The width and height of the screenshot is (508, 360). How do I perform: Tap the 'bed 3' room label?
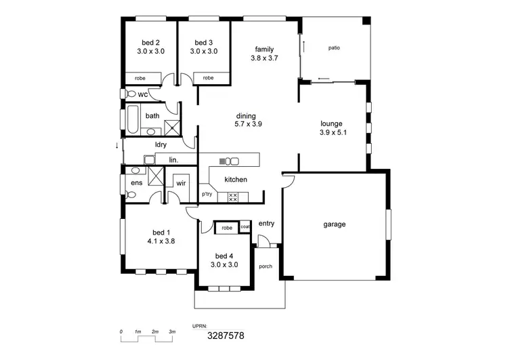(x=203, y=41)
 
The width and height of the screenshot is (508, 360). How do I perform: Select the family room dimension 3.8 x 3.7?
(x=264, y=58)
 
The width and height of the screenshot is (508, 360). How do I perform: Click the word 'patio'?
(x=334, y=48)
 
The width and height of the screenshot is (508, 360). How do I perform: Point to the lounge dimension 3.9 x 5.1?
(x=333, y=133)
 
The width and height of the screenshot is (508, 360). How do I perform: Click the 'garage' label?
(x=335, y=224)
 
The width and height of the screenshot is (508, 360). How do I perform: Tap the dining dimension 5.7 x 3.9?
(x=248, y=124)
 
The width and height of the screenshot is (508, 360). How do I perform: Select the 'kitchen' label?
(x=236, y=180)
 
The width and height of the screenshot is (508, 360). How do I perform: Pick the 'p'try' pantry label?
(x=207, y=195)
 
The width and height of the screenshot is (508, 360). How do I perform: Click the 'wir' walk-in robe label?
(x=181, y=183)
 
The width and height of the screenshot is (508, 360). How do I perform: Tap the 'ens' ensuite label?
(x=135, y=183)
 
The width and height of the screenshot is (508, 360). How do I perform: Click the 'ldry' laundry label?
(x=161, y=145)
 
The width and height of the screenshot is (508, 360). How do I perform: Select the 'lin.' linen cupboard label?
(x=173, y=160)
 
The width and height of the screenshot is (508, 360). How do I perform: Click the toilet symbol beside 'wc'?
(x=129, y=94)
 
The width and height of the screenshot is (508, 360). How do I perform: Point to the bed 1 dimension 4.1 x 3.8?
(x=161, y=240)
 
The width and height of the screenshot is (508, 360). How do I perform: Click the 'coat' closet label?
(x=245, y=227)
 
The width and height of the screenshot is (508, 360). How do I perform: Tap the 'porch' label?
(x=266, y=266)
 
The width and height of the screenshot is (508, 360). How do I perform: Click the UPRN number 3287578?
(x=226, y=335)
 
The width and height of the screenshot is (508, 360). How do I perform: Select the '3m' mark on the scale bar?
(x=172, y=331)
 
